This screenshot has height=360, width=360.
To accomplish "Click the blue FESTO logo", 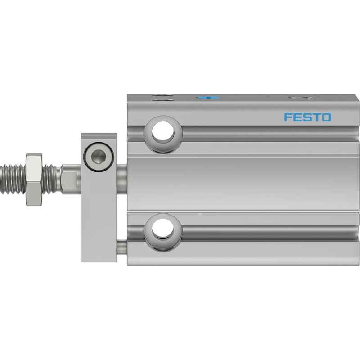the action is click(x=308, y=117).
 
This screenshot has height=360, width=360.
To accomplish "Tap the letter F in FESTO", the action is click(x=288, y=117).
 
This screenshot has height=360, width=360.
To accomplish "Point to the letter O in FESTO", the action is click(x=327, y=117).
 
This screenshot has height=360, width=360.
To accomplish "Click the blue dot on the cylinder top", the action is click(x=208, y=98).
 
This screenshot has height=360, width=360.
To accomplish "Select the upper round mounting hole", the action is click(x=163, y=132).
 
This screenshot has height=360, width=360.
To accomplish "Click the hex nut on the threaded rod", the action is click(x=34, y=179).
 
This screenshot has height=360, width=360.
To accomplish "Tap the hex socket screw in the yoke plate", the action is click(x=99, y=157).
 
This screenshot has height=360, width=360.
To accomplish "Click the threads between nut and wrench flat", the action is click(x=49, y=179).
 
